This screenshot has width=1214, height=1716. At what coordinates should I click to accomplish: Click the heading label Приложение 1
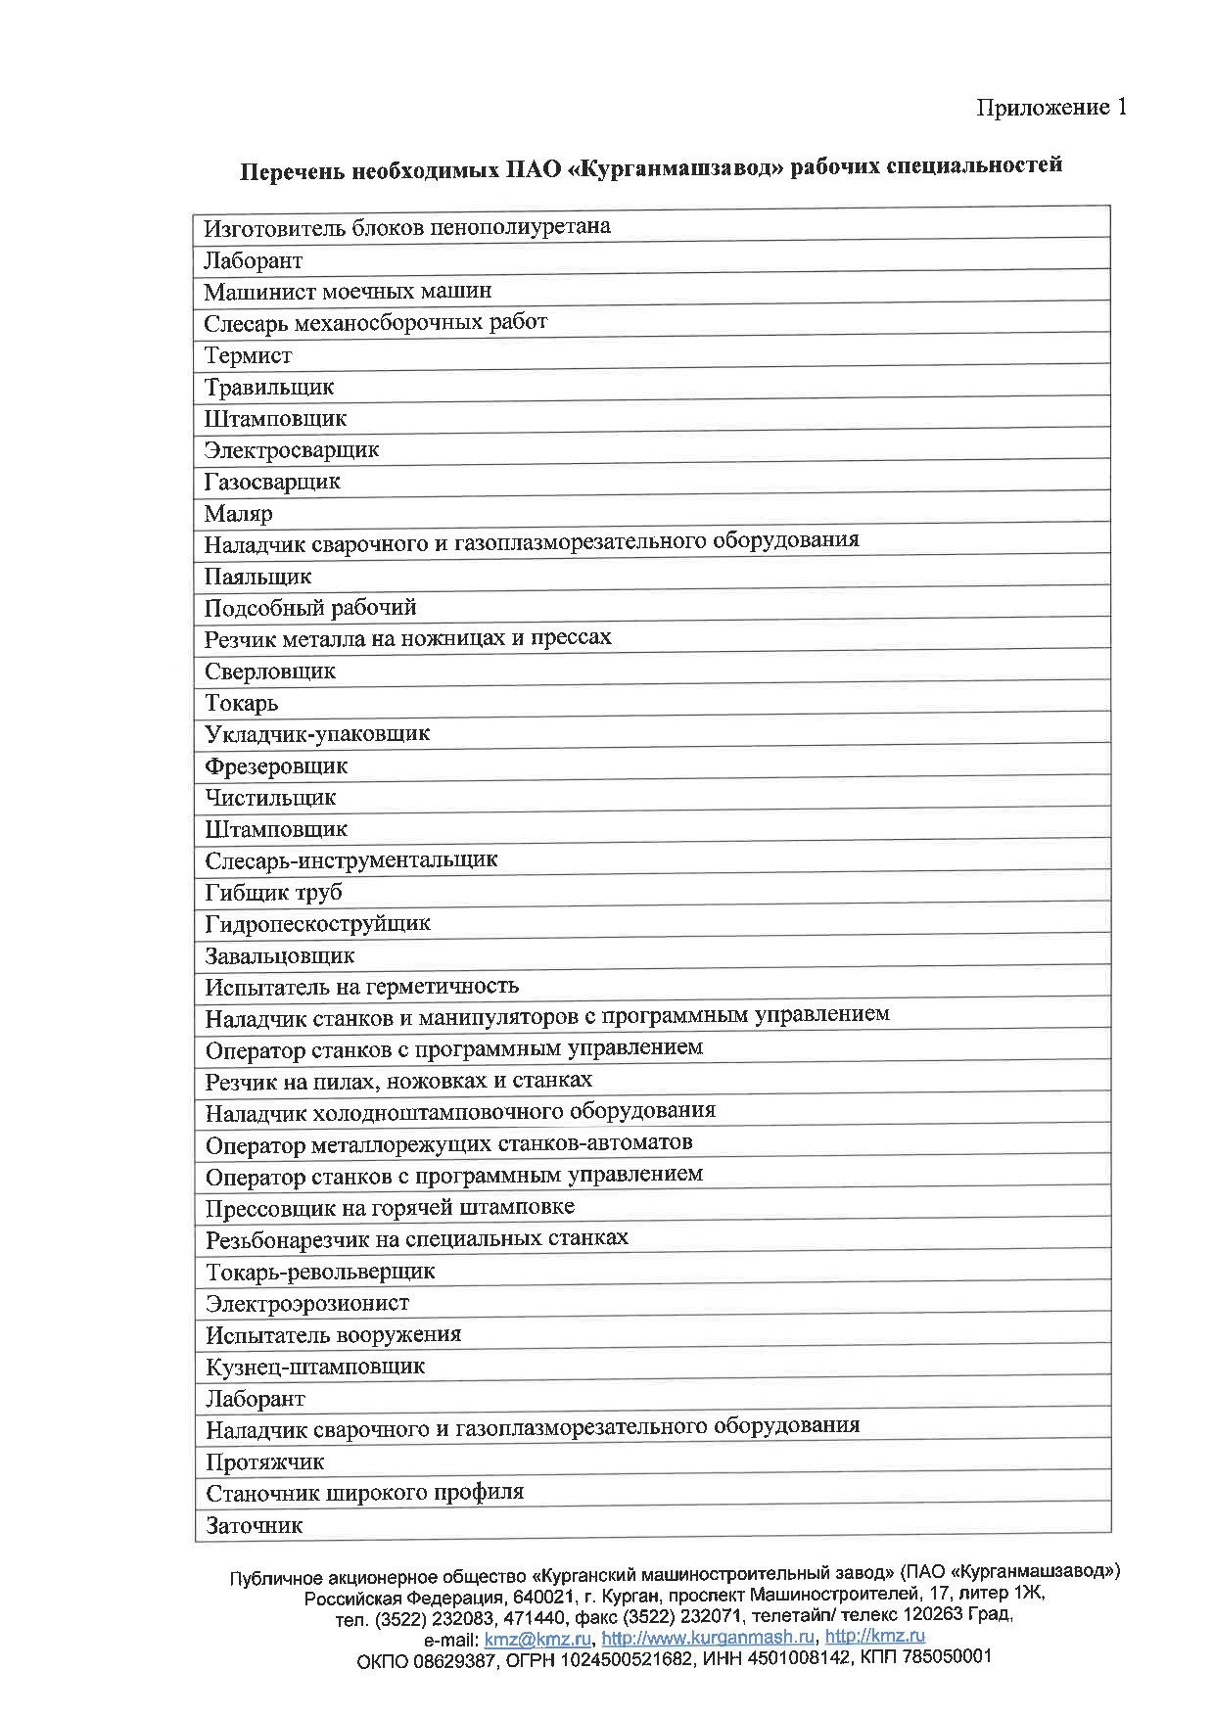(1051, 107)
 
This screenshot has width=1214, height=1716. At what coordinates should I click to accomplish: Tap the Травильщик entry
(269, 388)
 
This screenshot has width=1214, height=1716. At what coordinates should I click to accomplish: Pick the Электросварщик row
(291, 450)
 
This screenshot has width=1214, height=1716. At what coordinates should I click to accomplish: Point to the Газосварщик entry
(272, 482)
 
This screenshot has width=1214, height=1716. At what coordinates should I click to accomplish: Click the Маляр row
(238, 514)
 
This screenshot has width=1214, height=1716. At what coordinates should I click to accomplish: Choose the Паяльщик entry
(257, 577)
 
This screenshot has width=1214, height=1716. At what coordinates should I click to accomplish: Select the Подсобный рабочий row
(310, 608)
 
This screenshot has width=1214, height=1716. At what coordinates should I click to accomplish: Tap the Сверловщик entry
(270, 672)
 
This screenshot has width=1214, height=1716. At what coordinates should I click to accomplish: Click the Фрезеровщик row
(276, 766)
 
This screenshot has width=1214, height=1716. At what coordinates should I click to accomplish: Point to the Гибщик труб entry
(273, 893)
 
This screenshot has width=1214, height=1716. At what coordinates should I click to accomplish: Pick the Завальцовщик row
(280, 956)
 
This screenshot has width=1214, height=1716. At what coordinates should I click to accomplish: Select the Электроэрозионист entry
(307, 1304)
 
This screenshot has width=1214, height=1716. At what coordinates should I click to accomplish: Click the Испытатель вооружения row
(333, 1335)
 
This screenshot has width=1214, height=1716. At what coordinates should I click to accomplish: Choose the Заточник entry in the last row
(254, 1525)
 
